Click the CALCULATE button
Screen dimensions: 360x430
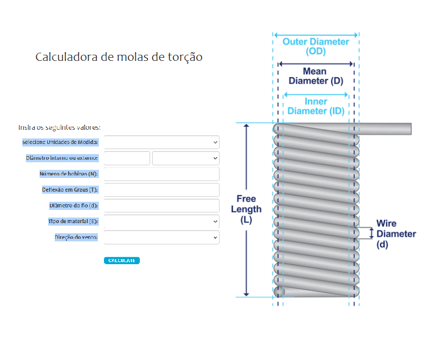point(122,260)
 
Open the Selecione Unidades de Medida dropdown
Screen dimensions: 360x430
point(161,142)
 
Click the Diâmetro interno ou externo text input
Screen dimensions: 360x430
point(127,158)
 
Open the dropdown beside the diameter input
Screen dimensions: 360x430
point(186,158)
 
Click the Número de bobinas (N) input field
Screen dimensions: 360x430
point(161,174)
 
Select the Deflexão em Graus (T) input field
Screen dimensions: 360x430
point(161,190)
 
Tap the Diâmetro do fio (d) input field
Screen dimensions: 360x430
point(161,205)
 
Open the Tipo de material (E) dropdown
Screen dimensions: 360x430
point(161,221)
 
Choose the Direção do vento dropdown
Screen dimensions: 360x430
point(161,237)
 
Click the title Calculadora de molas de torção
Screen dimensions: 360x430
point(119,57)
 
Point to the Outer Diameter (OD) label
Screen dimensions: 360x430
point(316,46)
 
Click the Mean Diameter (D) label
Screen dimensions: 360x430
point(315,76)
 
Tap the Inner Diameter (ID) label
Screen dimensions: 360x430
point(315,106)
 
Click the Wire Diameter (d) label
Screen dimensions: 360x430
point(396,234)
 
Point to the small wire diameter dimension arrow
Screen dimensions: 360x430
point(372,233)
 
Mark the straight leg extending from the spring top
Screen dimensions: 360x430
point(385,129)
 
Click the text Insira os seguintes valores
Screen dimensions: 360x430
point(59,127)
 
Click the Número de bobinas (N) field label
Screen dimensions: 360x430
point(68,174)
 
